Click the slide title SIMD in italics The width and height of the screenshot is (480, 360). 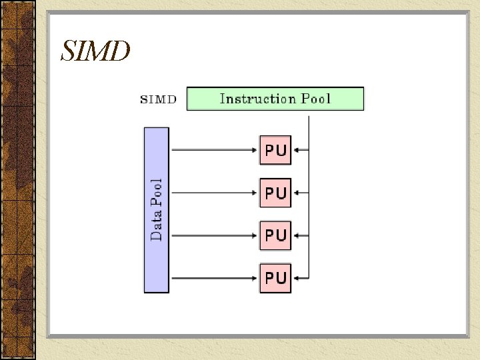click(95, 51)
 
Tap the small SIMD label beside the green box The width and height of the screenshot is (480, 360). click(159, 99)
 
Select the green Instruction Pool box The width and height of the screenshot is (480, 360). click(275, 99)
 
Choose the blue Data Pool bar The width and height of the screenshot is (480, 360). click(157, 210)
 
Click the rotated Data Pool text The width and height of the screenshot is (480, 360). click(157, 209)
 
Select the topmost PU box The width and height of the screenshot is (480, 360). click(275, 150)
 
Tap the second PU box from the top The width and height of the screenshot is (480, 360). click(275, 193)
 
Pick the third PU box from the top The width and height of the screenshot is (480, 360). click(275, 235)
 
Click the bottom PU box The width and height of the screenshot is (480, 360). click(275, 277)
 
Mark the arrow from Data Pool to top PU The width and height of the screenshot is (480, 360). click(213, 150)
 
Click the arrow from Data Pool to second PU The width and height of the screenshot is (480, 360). click(213, 193)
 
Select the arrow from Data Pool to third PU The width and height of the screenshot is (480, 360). click(213, 235)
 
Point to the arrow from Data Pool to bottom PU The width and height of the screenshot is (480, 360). click(213, 277)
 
